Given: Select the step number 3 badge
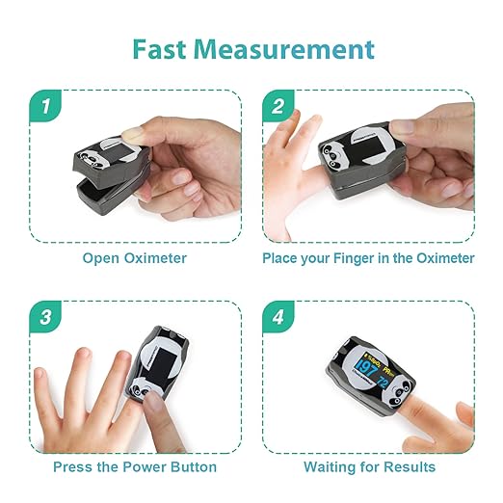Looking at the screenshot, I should [x=45, y=316].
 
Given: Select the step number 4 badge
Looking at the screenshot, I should [x=279, y=316].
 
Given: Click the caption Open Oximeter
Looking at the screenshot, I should [x=134, y=258].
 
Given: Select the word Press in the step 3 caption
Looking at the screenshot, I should [x=72, y=467].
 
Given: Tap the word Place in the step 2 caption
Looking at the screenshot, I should [x=281, y=258].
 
